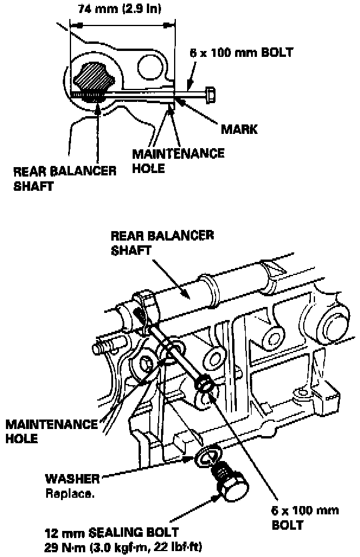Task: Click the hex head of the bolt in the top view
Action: coord(208,93)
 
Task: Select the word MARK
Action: coord(237,128)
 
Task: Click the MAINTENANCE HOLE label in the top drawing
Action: coord(178,160)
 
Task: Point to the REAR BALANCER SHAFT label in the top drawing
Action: coord(65,178)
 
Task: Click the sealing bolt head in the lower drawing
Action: coord(232,489)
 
